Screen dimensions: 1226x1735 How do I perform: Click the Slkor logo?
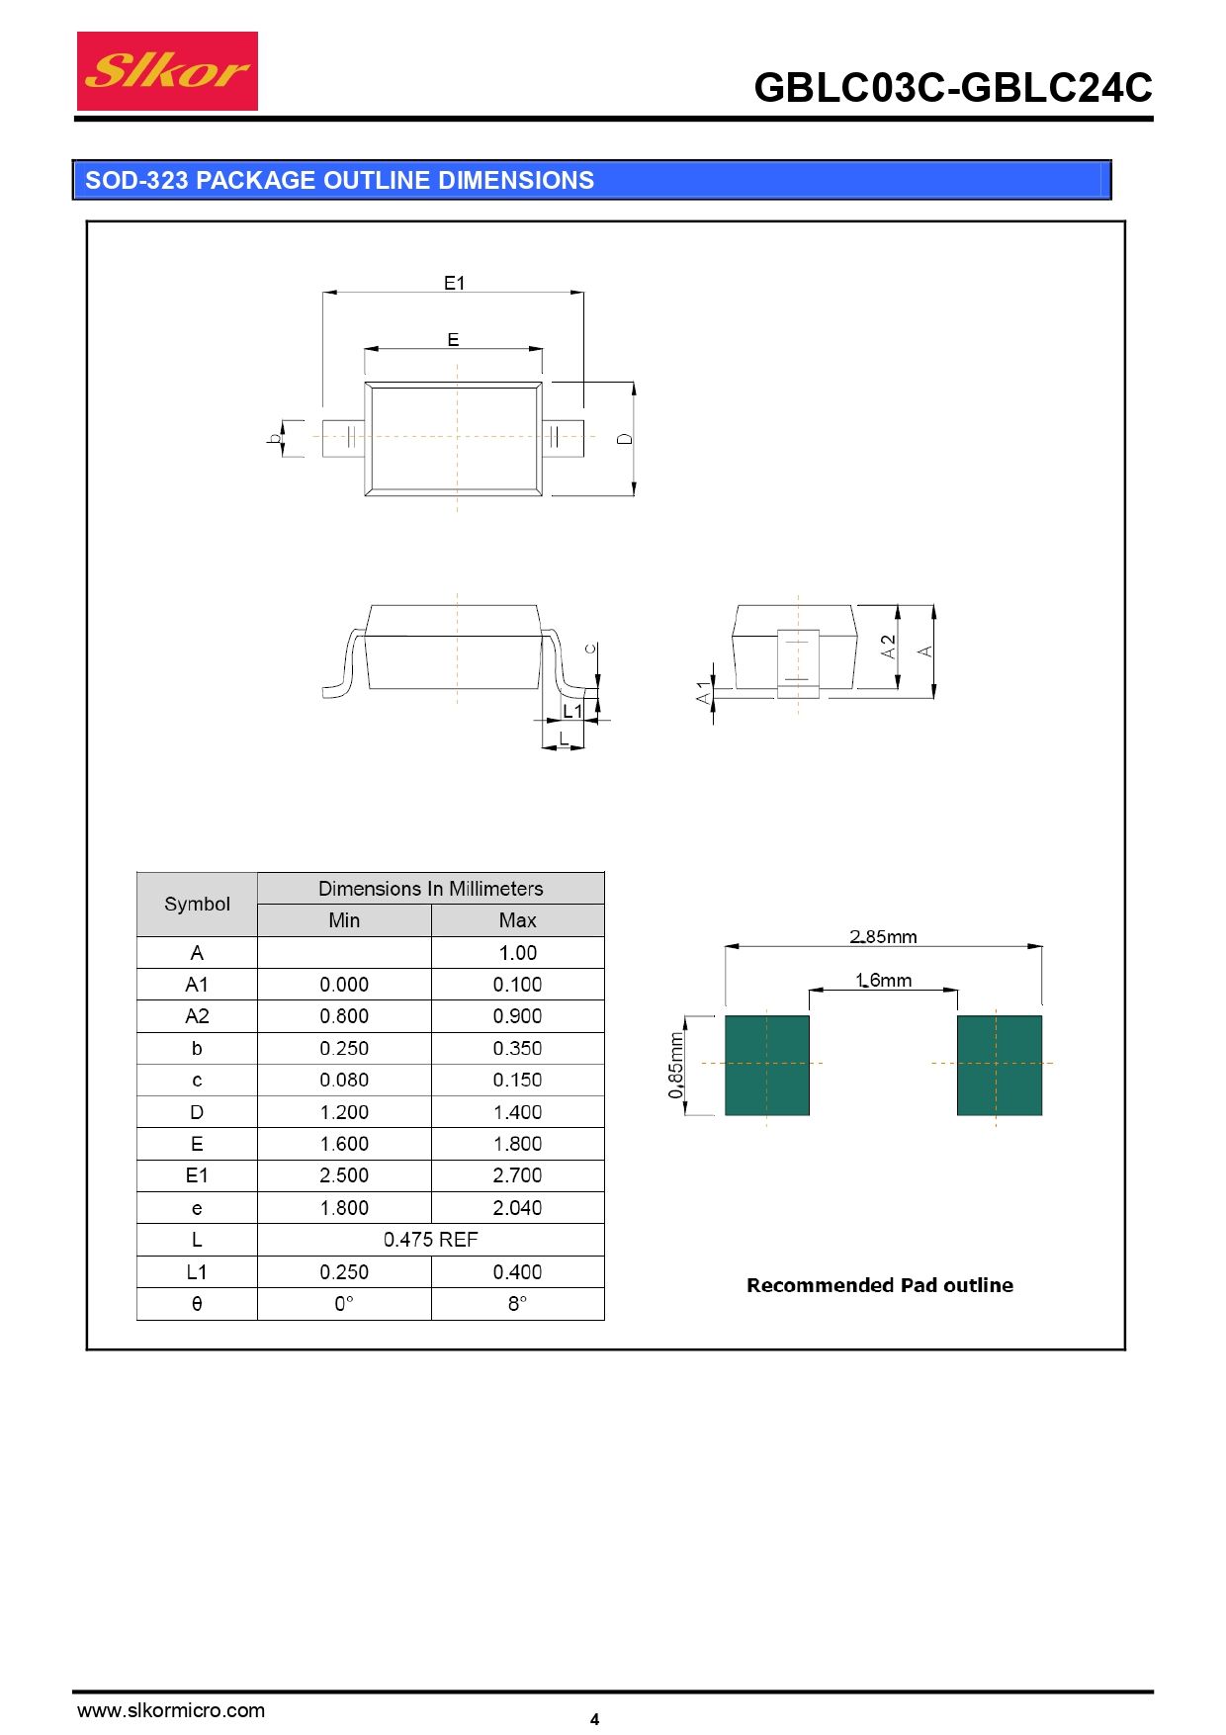point(167,71)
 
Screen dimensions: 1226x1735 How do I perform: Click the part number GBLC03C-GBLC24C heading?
point(953,88)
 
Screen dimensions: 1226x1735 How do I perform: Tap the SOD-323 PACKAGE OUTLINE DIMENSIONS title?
point(339,180)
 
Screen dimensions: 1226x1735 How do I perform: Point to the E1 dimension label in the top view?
point(454,283)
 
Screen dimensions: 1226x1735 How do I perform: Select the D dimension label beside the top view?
point(625,438)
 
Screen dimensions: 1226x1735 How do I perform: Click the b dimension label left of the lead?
point(274,438)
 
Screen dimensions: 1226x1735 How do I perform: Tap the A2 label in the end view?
point(888,647)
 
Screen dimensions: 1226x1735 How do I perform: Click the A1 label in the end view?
point(703,692)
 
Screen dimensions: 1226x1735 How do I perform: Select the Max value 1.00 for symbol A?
point(518,953)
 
